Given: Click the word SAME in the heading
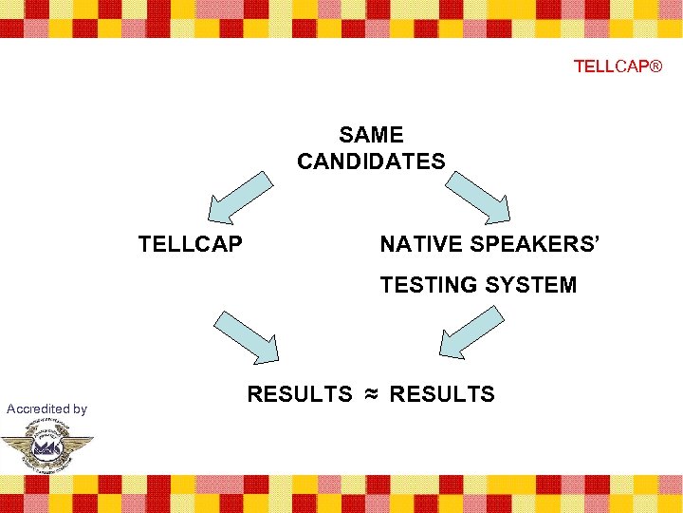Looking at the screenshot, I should (371, 136).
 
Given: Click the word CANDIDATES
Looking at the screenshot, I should (371, 161).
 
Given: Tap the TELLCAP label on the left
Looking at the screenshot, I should (190, 244).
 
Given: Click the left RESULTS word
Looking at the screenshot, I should (299, 394).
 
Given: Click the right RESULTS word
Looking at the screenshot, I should (442, 394).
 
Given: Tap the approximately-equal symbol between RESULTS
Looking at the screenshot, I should (370, 394).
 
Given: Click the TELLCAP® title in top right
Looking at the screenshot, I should (618, 66).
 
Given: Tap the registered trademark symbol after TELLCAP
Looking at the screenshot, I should (655, 66).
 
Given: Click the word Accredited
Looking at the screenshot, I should (37, 408).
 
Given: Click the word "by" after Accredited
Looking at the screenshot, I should (79, 409).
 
